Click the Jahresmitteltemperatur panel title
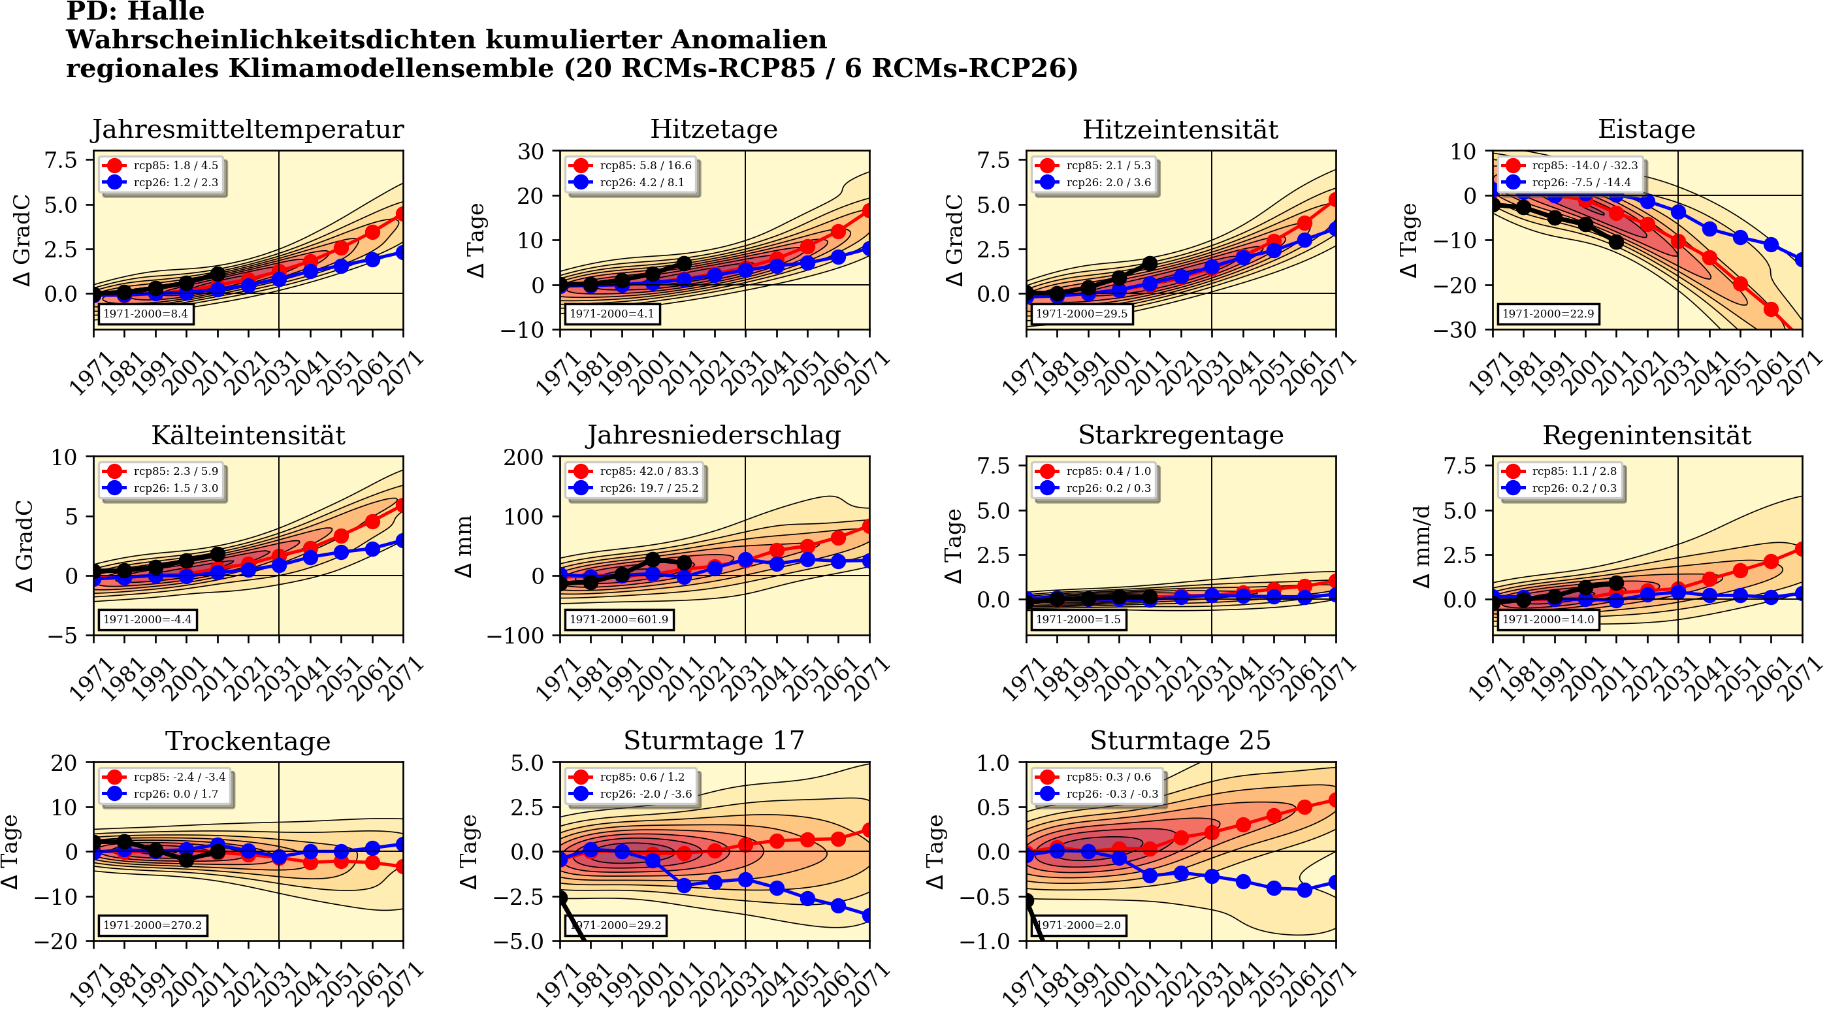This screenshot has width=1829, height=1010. pos(248,129)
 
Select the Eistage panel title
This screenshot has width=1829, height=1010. pos(1646,129)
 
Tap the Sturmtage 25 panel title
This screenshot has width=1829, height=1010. pos(1180,741)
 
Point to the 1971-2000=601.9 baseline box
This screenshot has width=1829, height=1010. pos(619,619)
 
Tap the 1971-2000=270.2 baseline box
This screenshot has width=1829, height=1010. pos(152,926)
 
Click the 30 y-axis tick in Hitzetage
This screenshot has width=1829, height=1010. pos(530,152)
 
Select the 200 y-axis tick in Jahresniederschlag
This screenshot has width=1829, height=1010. pos(523,457)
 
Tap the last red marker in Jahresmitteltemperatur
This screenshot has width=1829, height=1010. pos(402,214)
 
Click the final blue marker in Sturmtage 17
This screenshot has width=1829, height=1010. pos(868,916)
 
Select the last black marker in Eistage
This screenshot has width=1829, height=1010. pos(1616,242)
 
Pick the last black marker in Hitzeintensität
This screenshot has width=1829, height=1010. pos(1150,263)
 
